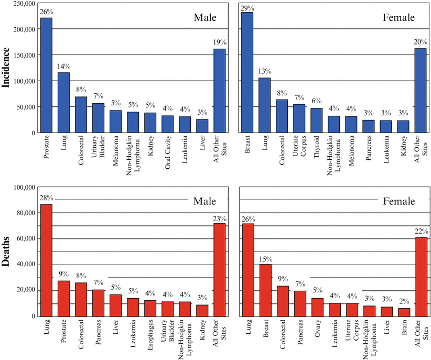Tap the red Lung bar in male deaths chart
point(46,260)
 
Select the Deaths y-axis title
point(7,252)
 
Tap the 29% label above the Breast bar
point(247,8)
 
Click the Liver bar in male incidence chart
point(202,126)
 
